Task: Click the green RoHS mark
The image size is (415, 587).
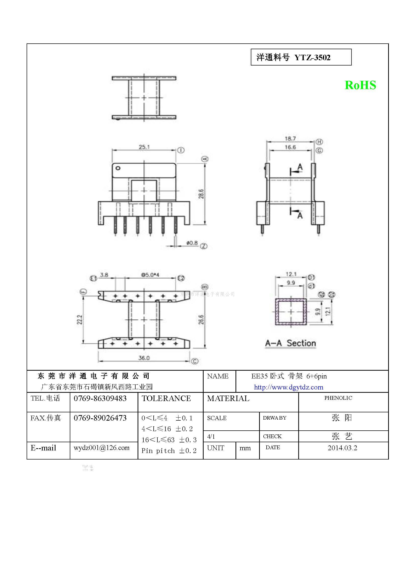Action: click(x=360, y=85)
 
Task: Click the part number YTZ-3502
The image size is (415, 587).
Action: click(x=312, y=57)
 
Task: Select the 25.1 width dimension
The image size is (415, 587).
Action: click(x=144, y=147)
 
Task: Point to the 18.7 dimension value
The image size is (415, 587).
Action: click(x=290, y=139)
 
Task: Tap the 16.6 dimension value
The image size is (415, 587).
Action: click(x=290, y=147)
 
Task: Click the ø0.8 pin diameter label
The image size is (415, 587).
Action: click(x=192, y=243)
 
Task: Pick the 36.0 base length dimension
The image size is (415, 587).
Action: click(x=144, y=358)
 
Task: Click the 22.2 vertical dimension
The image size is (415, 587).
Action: click(x=80, y=319)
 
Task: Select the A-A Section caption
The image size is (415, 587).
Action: click(x=290, y=343)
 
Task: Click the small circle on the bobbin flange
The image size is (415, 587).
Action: click(x=118, y=168)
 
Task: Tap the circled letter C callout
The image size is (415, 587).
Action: click(x=195, y=361)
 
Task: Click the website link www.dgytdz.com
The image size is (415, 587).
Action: click(x=288, y=387)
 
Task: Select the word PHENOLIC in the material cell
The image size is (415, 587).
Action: click(x=338, y=398)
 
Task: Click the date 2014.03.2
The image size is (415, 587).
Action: click(x=342, y=448)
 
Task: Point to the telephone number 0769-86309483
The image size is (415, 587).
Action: click(x=100, y=398)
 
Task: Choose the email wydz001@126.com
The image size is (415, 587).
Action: click(x=101, y=448)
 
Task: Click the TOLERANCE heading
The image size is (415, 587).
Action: click(x=166, y=398)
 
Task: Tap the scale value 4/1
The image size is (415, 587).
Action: click(x=211, y=437)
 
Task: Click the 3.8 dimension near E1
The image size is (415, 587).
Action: click(x=104, y=275)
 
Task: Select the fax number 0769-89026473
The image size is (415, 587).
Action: click(x=100, y=418)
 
